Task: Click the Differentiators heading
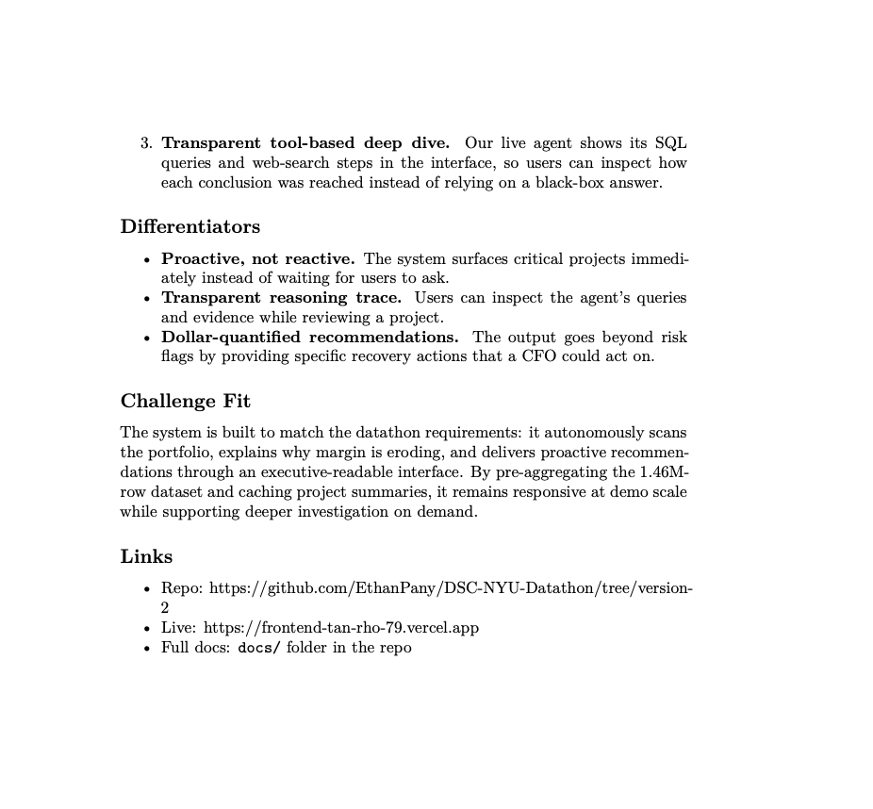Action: [189, 227]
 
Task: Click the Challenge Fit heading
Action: [185, 402]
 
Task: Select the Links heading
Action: [146, 557]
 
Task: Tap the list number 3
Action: [146, 143]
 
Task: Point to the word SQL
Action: [671, 143]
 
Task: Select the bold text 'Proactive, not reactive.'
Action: [257, 258]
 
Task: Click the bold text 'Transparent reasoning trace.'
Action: [281, 298]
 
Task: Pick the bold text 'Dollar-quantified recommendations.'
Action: [310, 338]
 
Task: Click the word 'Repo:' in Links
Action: [182, 588]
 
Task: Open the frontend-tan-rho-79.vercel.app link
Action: [341, 628]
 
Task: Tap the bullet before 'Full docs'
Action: [146, 649]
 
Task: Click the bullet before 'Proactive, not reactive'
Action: [146, 259]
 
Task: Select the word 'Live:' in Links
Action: [179, 628]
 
